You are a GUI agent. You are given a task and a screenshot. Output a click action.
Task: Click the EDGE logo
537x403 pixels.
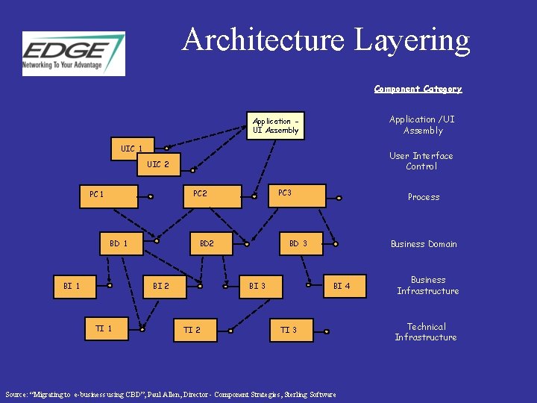coord(73,53)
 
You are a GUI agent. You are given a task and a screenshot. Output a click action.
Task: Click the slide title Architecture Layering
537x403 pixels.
coord(326,40)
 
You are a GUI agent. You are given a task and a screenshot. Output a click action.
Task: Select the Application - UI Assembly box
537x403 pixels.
coord(275,125)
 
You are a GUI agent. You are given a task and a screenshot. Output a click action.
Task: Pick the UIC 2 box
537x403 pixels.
coord(158,164)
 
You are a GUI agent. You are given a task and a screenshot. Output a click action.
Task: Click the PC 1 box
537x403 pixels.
coord(109,196)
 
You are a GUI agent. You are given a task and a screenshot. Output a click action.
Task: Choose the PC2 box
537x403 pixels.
coord(213,196)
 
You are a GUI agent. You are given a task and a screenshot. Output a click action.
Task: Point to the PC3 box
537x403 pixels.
coord(297,195)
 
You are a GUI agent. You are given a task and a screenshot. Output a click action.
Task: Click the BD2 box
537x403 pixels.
coord(216,244)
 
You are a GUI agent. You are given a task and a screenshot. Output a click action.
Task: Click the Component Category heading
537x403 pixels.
coord(418,89)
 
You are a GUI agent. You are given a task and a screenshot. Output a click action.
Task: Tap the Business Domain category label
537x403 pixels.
coord(424,244)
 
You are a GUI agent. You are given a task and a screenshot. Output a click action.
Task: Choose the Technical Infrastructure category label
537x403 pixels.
coord(426,332)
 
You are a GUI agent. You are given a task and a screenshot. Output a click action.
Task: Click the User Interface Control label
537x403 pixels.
coord(421,161)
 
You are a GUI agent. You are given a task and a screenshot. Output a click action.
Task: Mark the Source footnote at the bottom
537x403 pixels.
coord(170,395)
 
